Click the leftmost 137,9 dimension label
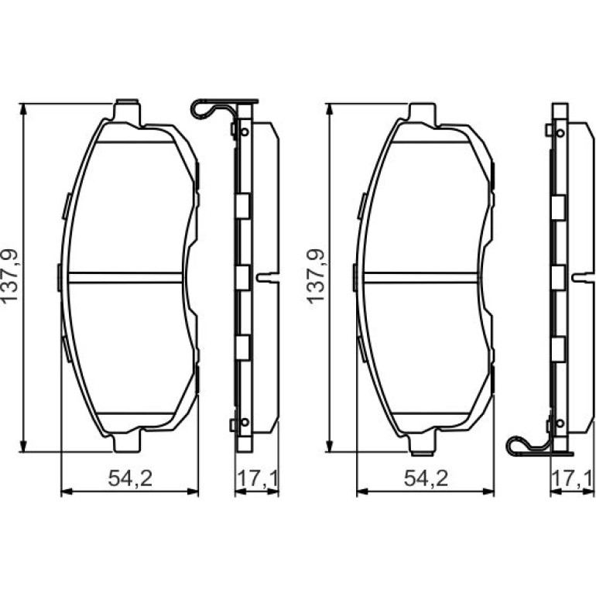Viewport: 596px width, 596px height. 9,276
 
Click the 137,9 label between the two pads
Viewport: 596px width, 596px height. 316,276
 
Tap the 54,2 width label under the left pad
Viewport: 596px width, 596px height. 130,478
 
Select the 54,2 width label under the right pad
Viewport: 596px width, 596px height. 426,478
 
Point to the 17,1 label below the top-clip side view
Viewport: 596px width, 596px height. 257,478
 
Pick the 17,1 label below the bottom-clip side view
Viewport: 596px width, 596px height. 572,478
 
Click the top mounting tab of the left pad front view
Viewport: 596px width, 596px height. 128,112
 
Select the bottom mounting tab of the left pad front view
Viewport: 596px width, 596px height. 128,442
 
